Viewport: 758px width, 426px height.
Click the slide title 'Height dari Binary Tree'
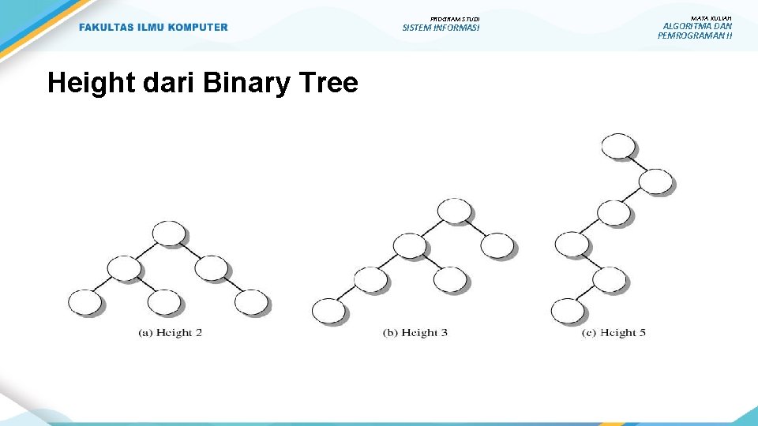click(202, 83)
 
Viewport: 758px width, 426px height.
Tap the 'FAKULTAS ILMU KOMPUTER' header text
click(153, 28)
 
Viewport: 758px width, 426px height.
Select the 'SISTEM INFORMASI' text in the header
click(441, 28)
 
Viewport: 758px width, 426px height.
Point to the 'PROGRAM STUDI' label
click(455, 18)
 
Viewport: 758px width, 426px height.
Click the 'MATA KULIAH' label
click(711, 18)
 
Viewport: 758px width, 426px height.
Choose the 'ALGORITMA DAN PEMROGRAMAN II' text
click(695, 31)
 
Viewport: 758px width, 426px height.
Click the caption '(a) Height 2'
click(170, 333)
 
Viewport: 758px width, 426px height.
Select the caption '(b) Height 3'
click(415, 333)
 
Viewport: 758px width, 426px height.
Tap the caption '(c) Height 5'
click(614, 333)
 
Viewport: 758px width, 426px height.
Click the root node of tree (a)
click(169, 234)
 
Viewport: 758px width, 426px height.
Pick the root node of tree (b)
click(454, 211)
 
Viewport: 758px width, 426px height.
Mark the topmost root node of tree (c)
click(618, 146)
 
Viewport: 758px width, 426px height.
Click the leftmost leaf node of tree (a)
click(84, 302)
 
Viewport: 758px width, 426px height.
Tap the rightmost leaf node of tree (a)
click(251, 302)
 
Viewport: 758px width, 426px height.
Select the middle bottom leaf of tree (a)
click(164, 302)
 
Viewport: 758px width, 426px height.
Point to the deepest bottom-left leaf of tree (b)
click(329, 311)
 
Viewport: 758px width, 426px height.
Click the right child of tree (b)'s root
click(497, 245)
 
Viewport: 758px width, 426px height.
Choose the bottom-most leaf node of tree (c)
click(568, 311)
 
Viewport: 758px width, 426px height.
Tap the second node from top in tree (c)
click(655, 181)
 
